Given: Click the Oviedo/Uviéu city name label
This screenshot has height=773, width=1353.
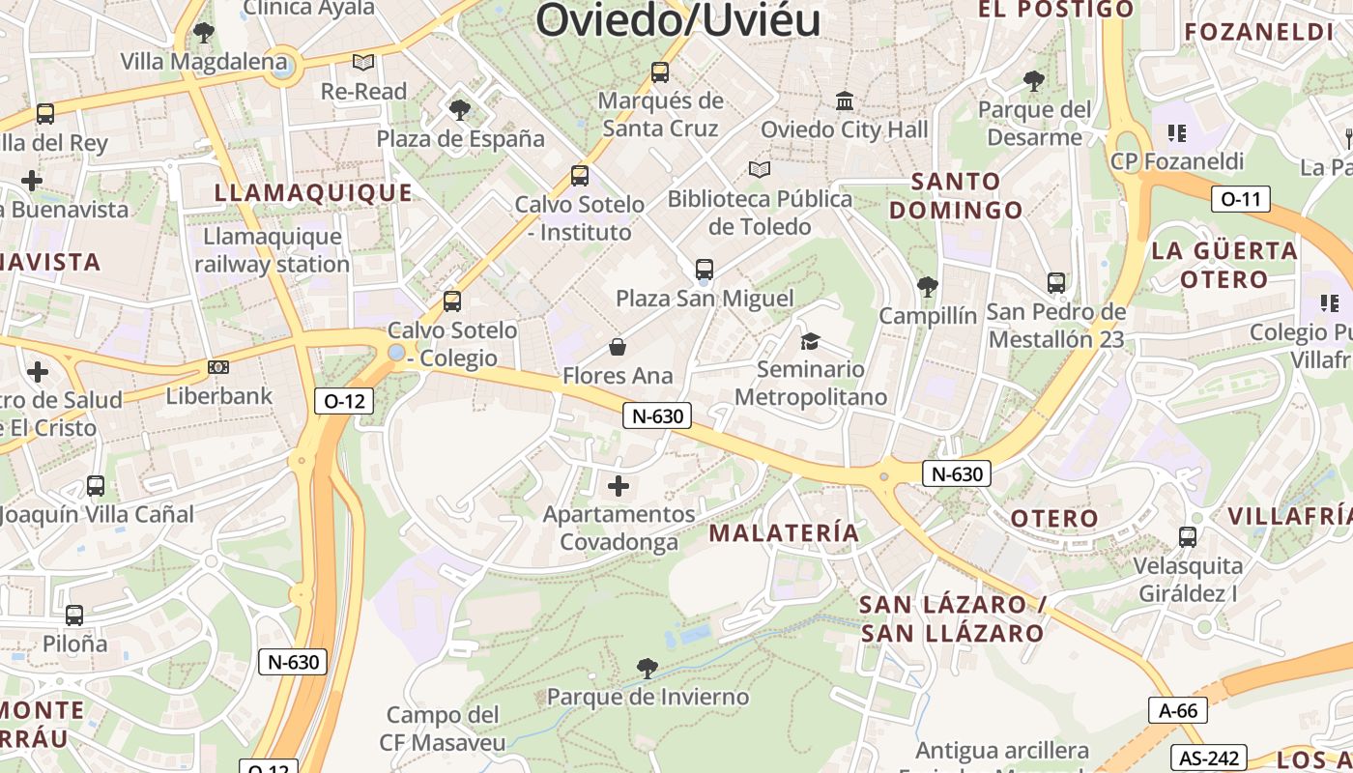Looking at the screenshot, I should coord(678,19).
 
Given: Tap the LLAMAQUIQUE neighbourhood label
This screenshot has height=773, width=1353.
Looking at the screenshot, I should coord(313,192).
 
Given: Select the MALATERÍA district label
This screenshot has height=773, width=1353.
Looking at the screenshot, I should coord(784,532).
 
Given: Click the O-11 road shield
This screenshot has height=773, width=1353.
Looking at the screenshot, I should coord(1241,200).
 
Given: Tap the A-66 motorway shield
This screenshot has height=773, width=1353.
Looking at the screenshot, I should coord(1178,711).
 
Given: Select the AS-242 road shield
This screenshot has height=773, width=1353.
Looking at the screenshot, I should coord(1208,759).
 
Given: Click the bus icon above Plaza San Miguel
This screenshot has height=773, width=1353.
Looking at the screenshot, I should coord(705,270).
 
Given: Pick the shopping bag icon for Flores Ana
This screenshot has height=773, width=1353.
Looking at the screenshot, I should coord(618,347).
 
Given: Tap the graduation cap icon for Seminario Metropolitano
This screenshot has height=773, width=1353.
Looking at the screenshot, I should coord(810,341).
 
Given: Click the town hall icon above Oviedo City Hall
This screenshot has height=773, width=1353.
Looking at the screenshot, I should coord(845,100).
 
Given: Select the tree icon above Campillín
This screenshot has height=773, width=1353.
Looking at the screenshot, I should coord(928,287).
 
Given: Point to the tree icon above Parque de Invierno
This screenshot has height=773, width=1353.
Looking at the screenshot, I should coord(648,668).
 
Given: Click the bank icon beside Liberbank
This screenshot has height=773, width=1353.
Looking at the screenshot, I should coord(218,367).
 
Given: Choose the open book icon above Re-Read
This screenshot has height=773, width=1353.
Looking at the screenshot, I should coord(363,63).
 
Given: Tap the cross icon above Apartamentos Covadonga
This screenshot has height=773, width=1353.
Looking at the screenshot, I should coord(619,485).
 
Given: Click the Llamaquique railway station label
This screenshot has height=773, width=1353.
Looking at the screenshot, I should coord(273,250).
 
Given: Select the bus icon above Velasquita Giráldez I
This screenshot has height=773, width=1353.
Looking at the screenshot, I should coord(1188,537).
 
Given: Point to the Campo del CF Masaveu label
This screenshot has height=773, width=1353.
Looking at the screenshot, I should coord(446,729).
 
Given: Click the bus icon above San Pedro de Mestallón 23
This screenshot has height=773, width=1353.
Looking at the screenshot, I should coord(1056,283).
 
